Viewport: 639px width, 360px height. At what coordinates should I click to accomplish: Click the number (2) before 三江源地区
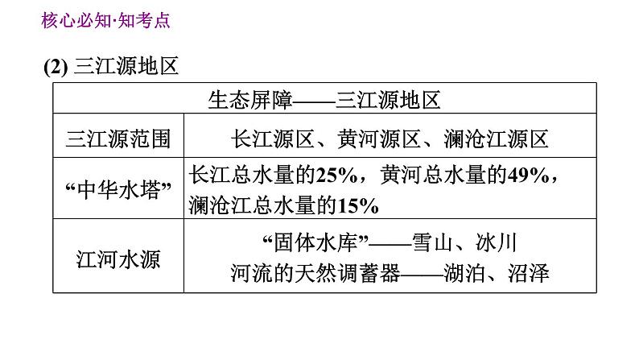pyautogui.click(x=57, y=67)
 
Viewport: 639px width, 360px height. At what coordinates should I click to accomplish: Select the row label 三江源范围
pyautogui.click(x=118, y=139)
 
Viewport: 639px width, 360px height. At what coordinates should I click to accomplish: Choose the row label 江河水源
pyautogui.click(x=118, y=259)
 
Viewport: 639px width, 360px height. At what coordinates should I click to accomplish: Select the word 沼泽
pyautogui.click(x=529, y=274)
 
